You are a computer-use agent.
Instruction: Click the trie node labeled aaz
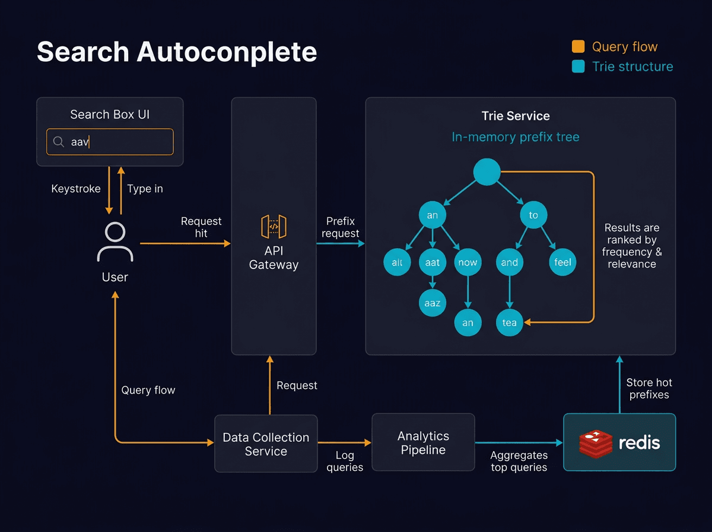point(433,303)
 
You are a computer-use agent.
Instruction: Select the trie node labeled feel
point(562,262)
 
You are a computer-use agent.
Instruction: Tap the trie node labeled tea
point(509,322)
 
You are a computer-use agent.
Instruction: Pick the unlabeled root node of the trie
point(487,172)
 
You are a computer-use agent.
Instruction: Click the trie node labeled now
point(468,262)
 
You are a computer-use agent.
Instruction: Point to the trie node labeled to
point(533,215)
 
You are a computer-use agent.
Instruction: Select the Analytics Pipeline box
point(423,443)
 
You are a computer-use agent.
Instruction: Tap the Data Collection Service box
point(266,444)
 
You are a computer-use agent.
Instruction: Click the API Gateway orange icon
point(274,227)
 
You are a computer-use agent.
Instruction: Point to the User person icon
point(115,242)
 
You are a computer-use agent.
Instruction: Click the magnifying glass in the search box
point(59,142)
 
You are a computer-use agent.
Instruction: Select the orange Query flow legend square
point(578,47)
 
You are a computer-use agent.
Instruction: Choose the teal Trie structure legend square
point(578,66)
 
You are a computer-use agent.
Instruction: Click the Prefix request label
point(340,227)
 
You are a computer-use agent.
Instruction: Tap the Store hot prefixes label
point(649,389)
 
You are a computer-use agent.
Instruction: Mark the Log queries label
point(345,461)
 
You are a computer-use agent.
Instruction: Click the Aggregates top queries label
point(519,461)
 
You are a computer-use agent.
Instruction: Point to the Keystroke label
point(76,189)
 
